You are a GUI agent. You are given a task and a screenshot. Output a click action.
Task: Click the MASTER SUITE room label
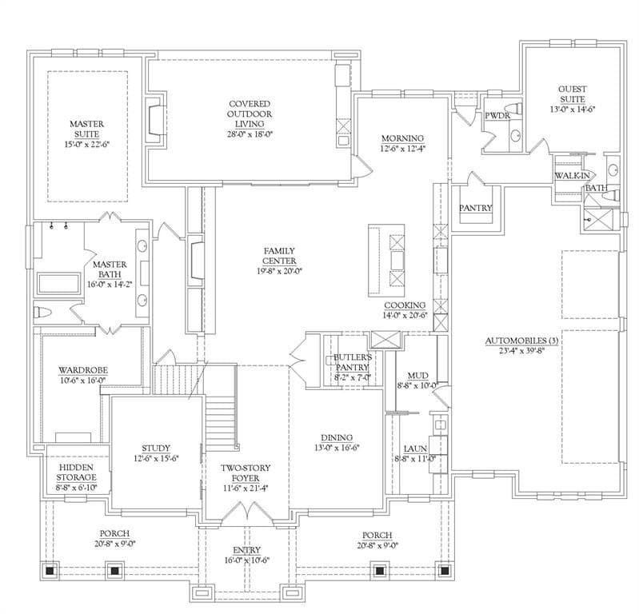click(87, 129)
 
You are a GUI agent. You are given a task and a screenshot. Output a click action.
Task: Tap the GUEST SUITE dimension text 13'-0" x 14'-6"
click(573, 110)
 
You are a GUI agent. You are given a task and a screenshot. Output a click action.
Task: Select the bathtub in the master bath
click(59, 284)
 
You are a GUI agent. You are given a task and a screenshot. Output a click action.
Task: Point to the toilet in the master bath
click(42, 313)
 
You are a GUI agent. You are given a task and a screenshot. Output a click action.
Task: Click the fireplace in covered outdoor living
click(157, 120)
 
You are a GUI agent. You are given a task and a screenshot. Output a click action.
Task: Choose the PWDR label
click(497, 116)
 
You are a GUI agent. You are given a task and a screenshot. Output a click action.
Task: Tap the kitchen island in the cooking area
click(386, 261)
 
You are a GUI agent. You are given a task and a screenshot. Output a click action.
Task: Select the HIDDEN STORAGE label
click(77, 472)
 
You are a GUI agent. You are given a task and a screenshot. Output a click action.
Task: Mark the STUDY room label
click(156, 449)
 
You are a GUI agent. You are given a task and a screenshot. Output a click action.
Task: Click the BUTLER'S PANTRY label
click(353, 362)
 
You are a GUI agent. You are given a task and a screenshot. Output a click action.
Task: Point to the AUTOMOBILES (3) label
click(522, 341)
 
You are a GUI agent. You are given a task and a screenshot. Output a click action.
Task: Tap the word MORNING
click(402, 138)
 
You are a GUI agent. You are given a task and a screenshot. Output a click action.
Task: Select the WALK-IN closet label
click(572, 176)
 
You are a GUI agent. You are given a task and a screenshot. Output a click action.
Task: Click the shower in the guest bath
click(600, 220)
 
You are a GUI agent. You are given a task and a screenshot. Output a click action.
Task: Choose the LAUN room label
click(415, 449)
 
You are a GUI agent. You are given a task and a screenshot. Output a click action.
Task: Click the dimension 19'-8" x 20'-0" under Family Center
click(279, 271)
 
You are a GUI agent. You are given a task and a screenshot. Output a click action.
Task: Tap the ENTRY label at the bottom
click(246, 550)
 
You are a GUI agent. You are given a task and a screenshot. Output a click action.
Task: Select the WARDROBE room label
click(83, 370)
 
